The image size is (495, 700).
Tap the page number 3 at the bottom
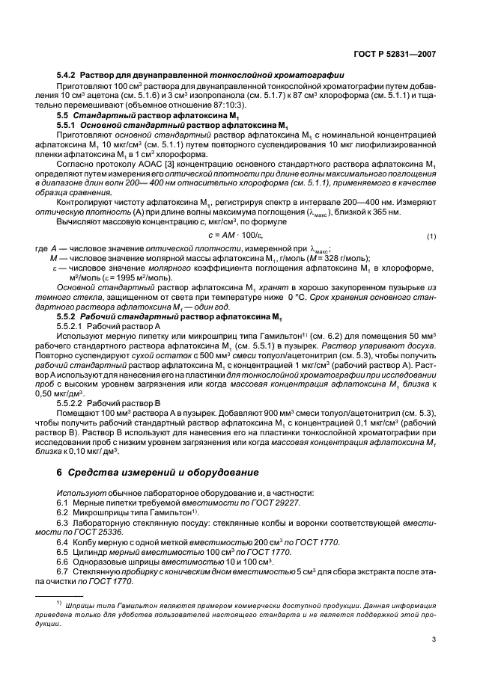pyautogui.click(x=435, y=639)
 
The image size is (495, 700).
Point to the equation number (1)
pyautogui.click(x=431, y=237)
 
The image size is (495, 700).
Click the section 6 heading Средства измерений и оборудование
pyautogui.click(x=163, y=473)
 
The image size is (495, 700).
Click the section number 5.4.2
pyautogui.click(x=67, y=75)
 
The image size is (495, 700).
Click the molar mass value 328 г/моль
pyautogui.click(x=315, y=257)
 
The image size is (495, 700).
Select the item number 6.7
pyautogui.click(x=63, y=571)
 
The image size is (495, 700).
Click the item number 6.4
pyautogui.click(x=63, y=541)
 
